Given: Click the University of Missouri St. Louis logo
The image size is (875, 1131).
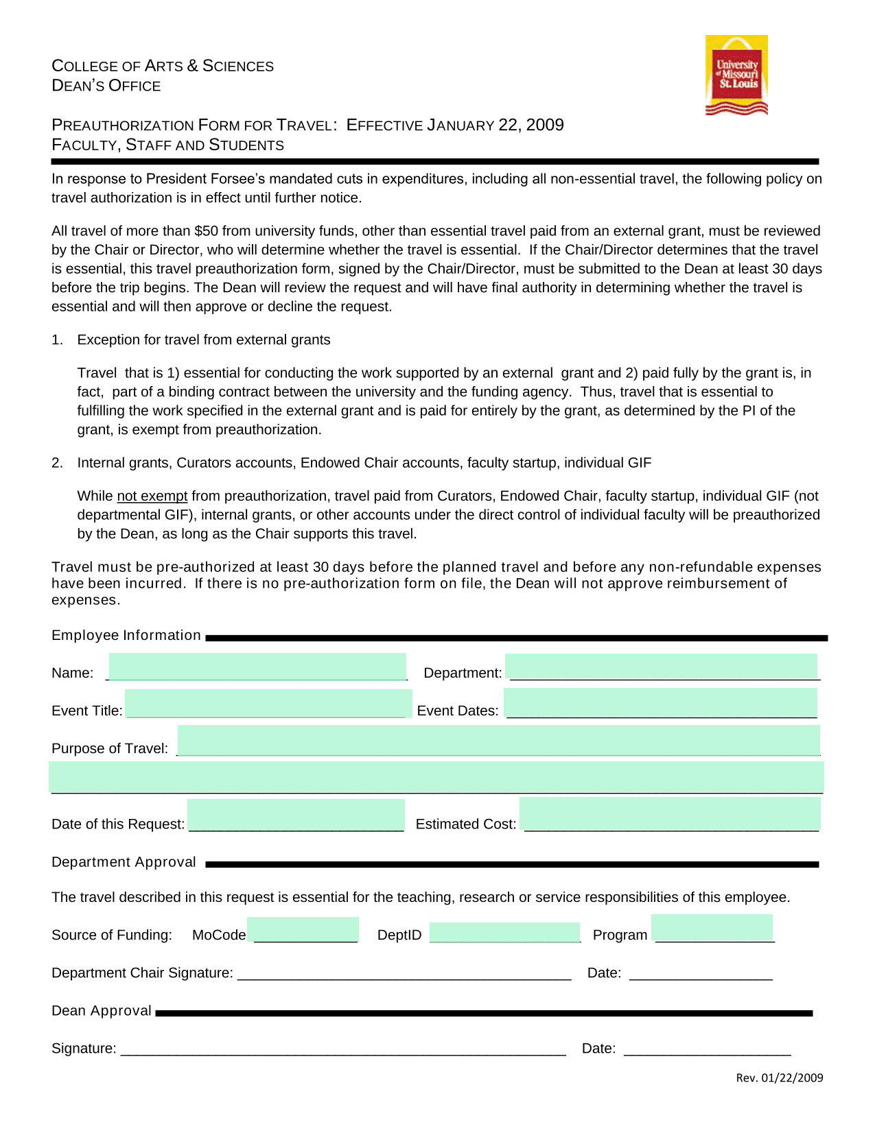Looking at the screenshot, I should coord(736,75).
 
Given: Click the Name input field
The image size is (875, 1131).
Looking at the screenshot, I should coord(257,667).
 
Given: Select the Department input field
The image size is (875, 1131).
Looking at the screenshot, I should coord(661,667).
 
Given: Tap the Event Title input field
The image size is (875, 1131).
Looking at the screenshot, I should coord(268,704).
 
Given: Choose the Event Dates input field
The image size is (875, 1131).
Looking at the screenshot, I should coord(661,704).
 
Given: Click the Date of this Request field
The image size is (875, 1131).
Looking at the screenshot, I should coord(296,815).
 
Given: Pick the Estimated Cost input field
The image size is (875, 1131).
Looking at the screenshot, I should coord(670,814).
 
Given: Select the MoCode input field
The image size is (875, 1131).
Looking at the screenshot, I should coord(303,930).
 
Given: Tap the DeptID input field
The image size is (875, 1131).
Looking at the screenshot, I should coord(504,933).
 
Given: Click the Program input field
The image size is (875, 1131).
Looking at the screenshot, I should coord(712,929).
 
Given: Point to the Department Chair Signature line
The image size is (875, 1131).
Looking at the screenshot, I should coord(404,974).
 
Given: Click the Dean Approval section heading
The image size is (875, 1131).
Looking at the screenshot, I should coord(102,1011).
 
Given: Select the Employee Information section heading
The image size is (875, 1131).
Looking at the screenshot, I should coord(126,635).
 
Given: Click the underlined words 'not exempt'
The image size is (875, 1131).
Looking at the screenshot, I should coord(152,496).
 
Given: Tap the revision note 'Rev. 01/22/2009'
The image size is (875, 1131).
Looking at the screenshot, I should coord(779,1078).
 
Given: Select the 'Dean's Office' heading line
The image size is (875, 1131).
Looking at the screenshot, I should coord(106,86).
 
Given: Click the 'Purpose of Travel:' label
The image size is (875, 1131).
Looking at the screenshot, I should coord(110,748).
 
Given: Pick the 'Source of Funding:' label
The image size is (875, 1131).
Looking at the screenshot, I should coord(112,935).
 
